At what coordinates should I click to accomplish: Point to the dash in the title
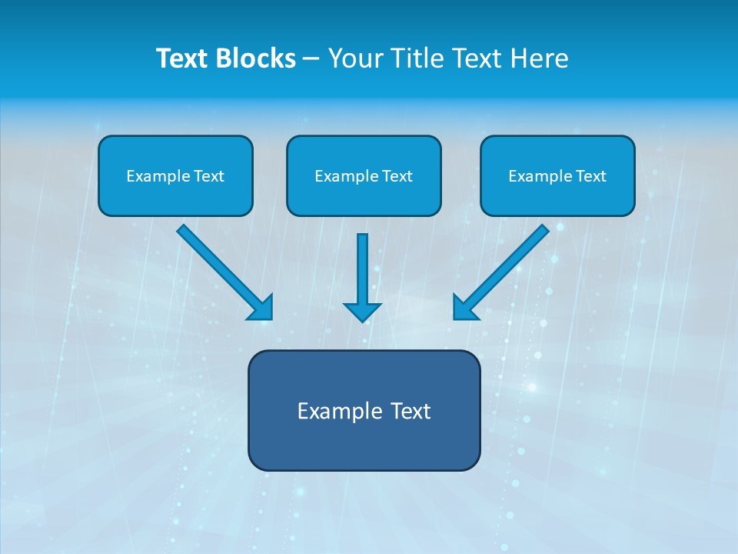pos(311,59)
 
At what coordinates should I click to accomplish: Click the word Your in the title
pos(354,58)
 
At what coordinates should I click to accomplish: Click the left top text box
pos(175,175)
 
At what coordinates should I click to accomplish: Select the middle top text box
pos(364,175)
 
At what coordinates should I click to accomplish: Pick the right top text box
pos(557,175)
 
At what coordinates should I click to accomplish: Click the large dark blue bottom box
pos(364,410)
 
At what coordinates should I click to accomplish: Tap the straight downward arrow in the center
pos(363,269)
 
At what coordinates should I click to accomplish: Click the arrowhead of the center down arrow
pos(363,311)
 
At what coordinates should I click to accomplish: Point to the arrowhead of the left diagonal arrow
pos(261,307)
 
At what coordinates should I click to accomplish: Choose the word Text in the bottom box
pos(411,411)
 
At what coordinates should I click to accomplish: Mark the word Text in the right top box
pos(591,176)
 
